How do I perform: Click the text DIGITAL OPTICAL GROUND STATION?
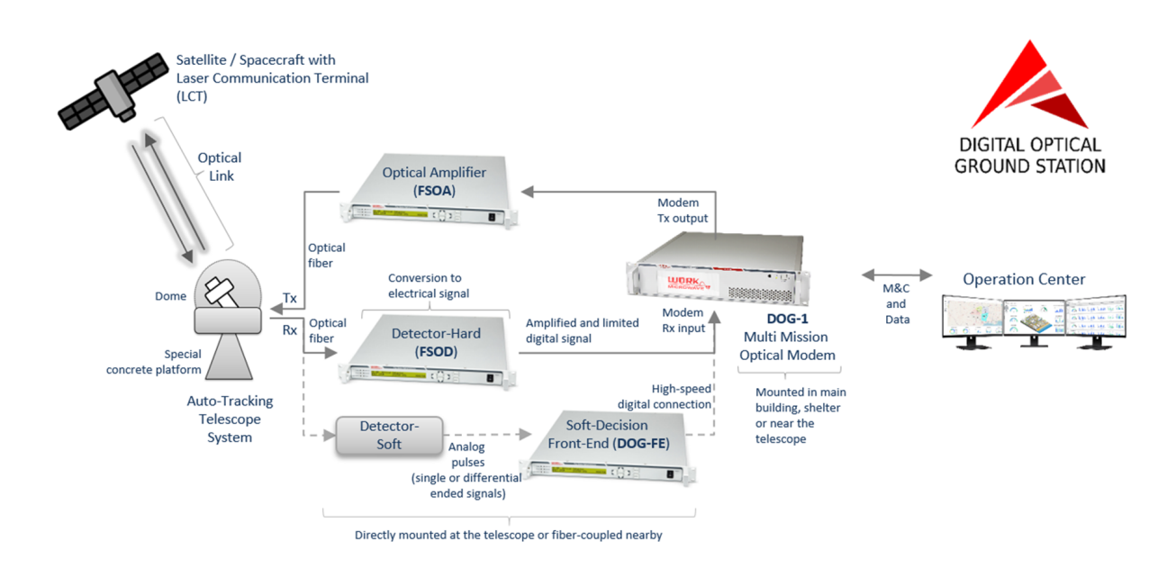(1029, 155)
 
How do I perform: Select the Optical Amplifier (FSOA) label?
(434, 181)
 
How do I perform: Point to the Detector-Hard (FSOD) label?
(436, 342)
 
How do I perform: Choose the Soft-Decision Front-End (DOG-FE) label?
(606, 434)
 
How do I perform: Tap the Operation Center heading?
(1024, 279)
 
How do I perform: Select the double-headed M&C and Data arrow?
(895, 273)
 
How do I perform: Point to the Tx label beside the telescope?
(290, 298)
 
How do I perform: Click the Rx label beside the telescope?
(290, 330)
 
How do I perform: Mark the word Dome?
(171, 296)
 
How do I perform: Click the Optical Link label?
(220, 167)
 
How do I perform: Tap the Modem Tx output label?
(683, 211)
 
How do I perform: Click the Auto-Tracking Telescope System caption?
(230, 419)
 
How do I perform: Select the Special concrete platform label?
(154, 362)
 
